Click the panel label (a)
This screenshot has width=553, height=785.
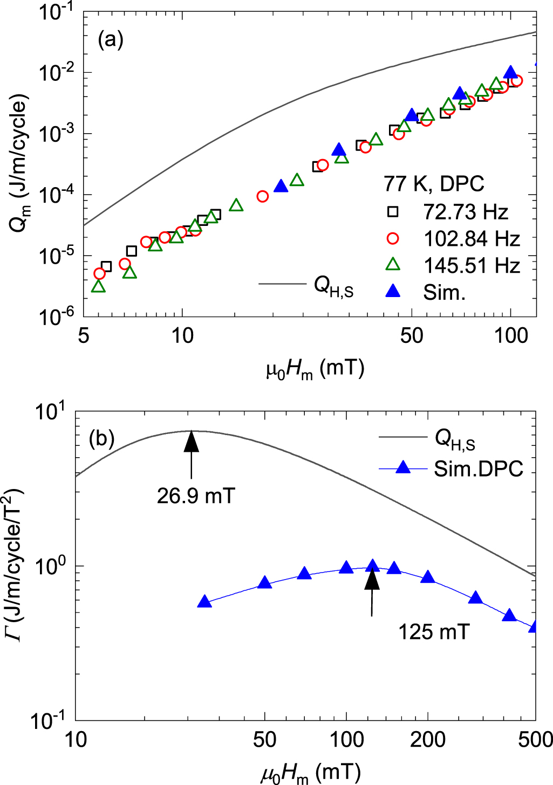[x=111, y=40]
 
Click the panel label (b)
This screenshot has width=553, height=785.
[x=101, y=438]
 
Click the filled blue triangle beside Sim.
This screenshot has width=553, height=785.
[x=394, y=292]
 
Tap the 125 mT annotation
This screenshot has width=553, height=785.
[x=434, y=632]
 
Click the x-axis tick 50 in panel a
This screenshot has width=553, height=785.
[x=412, y=335]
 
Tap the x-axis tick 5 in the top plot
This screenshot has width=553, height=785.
[x=84, y=335]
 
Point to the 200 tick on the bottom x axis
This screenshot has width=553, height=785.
[x=428, y=739]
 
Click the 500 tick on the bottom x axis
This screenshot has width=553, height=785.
[x=535, y=739]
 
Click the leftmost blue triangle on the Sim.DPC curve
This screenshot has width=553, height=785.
[x=204, y=602]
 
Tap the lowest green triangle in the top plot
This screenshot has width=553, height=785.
[x=98, y=286]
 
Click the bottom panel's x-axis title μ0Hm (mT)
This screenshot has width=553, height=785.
[x=311, y=773]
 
